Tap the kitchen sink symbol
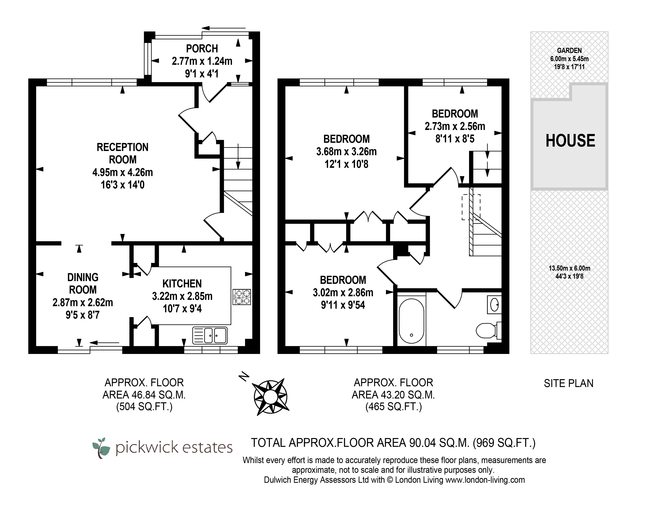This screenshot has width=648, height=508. click(210, 335)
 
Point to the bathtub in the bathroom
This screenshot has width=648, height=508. click(411, 321)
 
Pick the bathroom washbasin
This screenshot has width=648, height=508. click(494, 305)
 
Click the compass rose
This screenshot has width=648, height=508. click(270, 396)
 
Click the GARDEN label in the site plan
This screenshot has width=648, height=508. click(569, 51)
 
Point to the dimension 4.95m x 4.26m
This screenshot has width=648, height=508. click(122, 172)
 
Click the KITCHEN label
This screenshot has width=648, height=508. click(182, 283)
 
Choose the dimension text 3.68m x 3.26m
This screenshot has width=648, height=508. click(346, 152)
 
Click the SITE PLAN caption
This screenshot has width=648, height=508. click(569, 383)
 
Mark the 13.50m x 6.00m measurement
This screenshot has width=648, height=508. click(569, 268)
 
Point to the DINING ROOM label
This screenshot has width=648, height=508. click(83, 283)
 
